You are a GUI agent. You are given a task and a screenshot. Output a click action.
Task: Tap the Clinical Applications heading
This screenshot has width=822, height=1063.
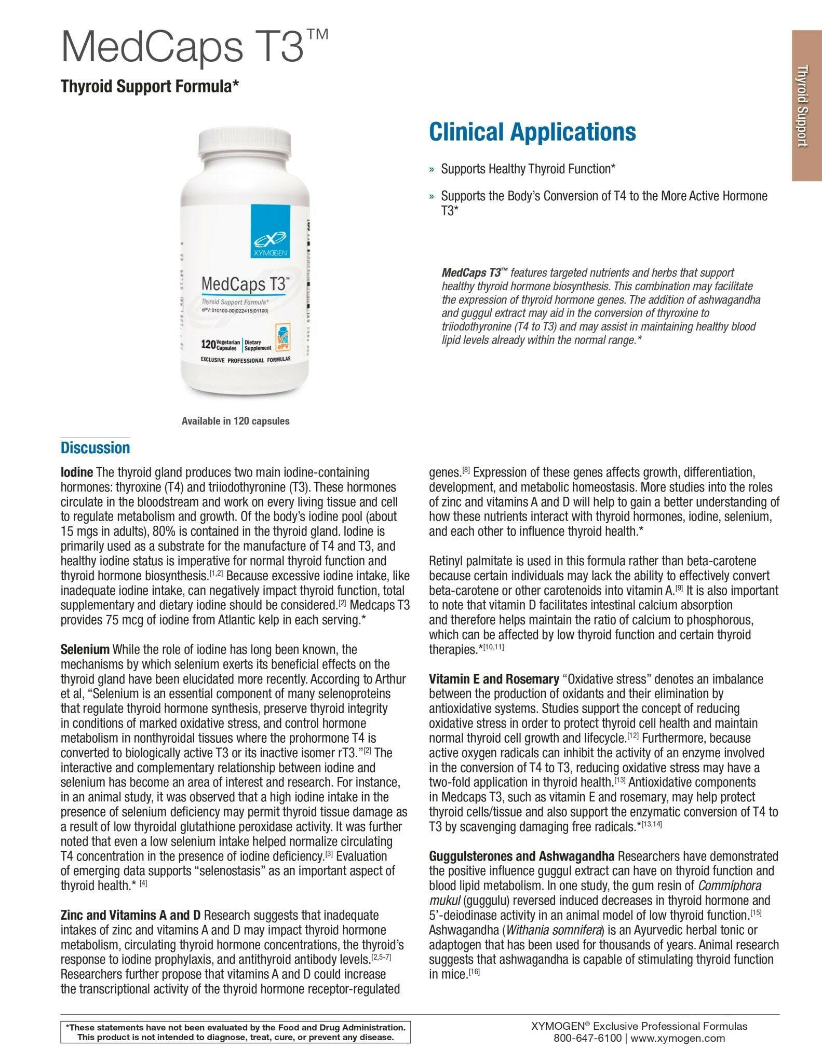click(x=532, y=132)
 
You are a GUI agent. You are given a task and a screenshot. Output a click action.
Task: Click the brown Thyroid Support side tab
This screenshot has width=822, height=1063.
click(x=806, y=105)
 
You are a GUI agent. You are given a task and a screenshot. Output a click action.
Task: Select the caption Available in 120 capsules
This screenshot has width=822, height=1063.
click(x=235, y=421)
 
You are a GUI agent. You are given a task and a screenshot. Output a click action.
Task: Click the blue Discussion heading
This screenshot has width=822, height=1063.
click(x=95, y=448)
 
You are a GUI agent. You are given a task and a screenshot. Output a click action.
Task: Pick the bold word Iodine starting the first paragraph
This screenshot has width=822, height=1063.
click(x=76, y=473)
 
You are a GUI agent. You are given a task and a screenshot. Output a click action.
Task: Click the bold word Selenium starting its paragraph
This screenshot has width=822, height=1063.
click(x=85, y=650)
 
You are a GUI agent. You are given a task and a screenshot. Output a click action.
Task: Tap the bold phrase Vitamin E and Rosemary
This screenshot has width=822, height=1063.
click(x=493, y=679)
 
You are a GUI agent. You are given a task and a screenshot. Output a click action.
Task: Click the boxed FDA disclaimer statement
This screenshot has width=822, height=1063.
click(x=235, y=1032)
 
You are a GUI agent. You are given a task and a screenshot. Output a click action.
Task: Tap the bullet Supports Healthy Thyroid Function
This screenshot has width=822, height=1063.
click(x=528, y=169)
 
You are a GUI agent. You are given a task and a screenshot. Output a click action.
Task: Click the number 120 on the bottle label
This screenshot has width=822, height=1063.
click(x=208, y=345)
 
